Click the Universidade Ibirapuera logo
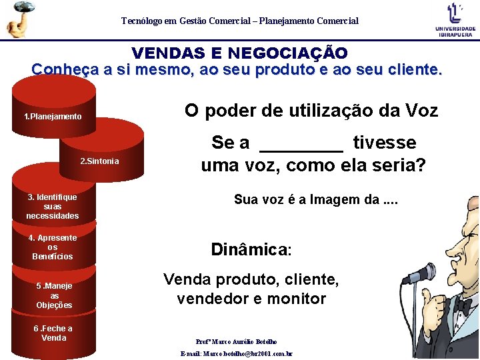455,19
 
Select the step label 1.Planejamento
53,117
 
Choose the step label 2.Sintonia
99,161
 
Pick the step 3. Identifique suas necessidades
53,206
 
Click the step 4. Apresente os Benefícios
53,247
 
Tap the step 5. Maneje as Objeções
54,295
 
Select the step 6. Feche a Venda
53,333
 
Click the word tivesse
384,143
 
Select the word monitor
296,299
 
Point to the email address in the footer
237,354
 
